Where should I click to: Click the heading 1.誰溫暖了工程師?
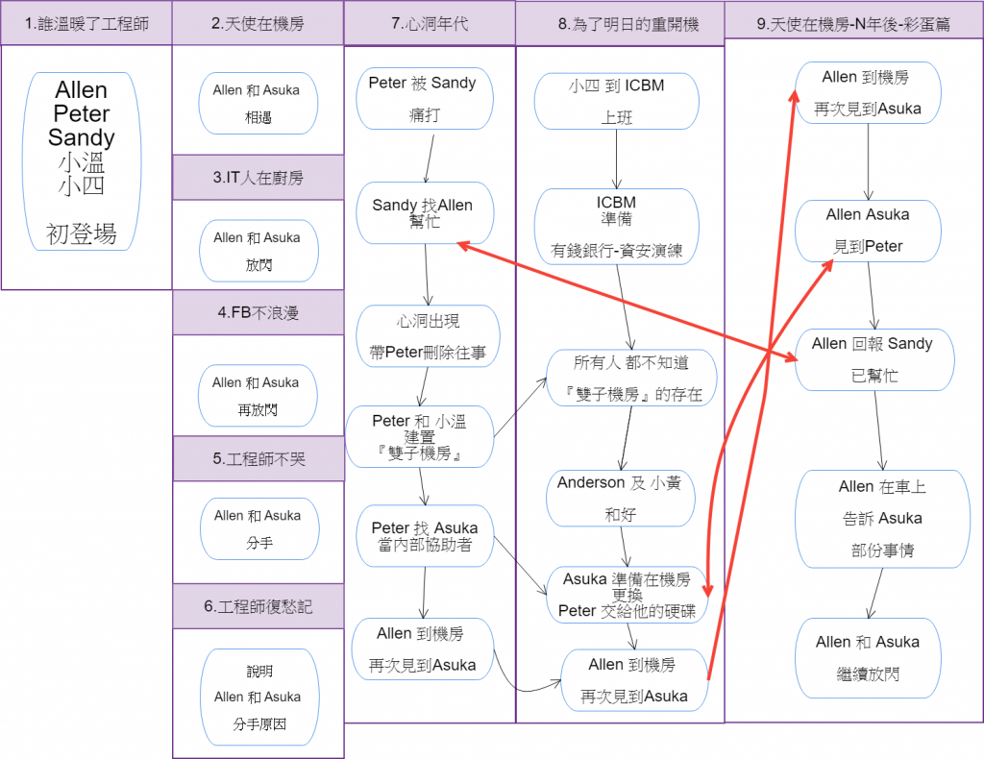coord(86,23)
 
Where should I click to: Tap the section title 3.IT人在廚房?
coord(258,178)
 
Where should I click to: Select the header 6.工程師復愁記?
coord(258,606)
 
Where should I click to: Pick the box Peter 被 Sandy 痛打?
coord(423,98)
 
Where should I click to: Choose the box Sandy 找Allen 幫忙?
coord(423,214)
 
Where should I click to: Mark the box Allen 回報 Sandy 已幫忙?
coord(873,359)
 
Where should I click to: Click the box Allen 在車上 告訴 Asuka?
coord(882,519)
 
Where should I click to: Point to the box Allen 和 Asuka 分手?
coord(258,529)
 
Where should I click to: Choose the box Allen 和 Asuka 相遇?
coord(257,105)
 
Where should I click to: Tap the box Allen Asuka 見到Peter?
coord(868,231)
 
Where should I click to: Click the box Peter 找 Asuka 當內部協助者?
coord(424,536)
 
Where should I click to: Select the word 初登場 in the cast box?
coord(82,233)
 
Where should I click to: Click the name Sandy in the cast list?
coord(82,137)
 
